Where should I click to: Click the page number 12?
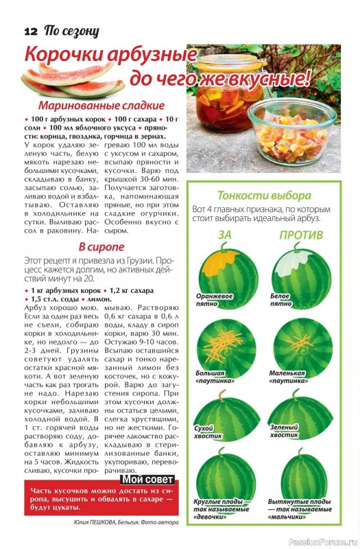click(x=30, y=31)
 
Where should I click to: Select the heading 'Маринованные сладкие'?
click(x=101, y=106)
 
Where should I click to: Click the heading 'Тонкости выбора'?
click(x=264, y=195)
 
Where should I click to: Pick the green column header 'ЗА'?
click(x=225, y=235)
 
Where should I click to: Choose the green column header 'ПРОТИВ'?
click(x=301, y=235)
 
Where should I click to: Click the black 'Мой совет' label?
click(x=147, y=479)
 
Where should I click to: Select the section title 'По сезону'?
click(x=71, y=31)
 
